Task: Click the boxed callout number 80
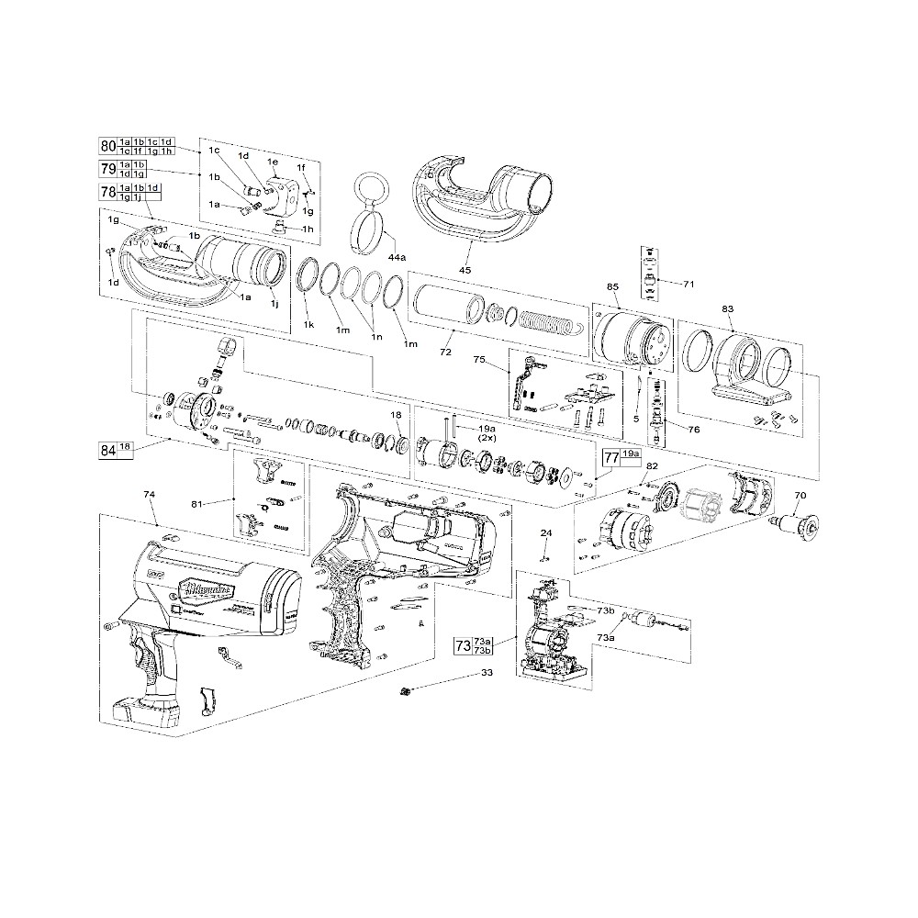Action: click(x=108, y=145)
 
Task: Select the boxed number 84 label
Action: click(x=108, y=449)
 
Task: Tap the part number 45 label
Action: click(x=465, y=270)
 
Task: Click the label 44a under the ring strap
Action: click(x=397, y=260)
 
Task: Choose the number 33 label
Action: click(x=486, y=672)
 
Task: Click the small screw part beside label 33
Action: click(x=405, y=689)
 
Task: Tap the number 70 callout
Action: click(x=800, y=497)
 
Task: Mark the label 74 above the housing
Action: click(x=150, y=494)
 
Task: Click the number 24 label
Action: click(x=546, y=533)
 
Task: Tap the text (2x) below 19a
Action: click(x=487, y=439)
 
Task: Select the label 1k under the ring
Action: click(x=308, y=325)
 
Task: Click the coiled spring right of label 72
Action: click(x=547, y=323)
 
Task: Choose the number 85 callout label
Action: click(x=612, y=286)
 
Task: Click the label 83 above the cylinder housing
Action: click(x=727, y=309)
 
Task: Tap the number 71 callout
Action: click(x=689, y=284)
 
